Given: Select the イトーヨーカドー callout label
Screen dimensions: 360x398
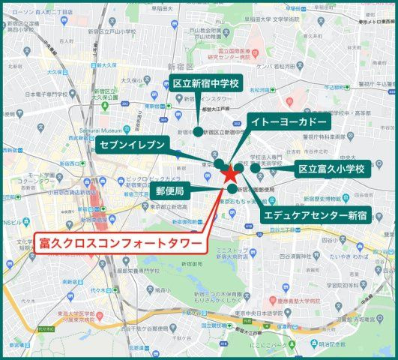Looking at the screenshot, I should [x=288, y=121].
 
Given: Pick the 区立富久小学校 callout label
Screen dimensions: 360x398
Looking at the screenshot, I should [x=330, y=169].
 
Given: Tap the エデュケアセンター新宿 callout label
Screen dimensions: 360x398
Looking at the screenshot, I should [x=315, y=216].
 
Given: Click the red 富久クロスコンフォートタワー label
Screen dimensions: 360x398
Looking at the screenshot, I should [x=119, y=243].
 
